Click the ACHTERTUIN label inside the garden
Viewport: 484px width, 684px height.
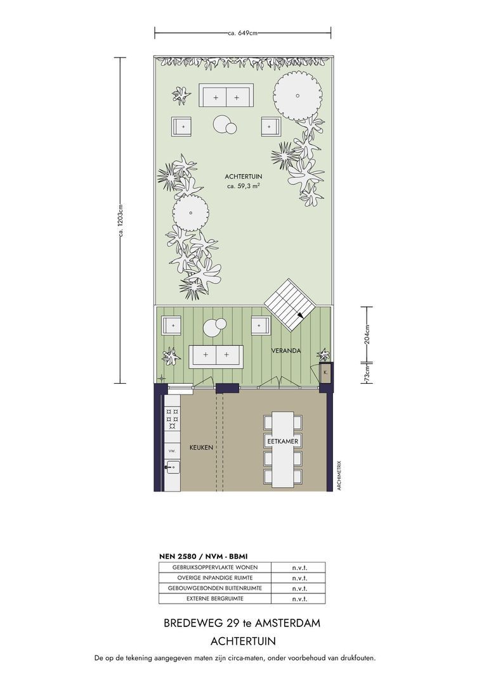(244, 176)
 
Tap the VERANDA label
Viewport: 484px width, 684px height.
(286, 350)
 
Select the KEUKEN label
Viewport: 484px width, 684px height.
(201, 448)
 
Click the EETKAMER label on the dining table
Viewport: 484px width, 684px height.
(283, 441)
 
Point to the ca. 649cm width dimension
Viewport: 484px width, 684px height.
(242, 33)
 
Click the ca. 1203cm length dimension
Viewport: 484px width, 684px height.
(121, 221)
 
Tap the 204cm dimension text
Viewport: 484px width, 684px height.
(367, 334)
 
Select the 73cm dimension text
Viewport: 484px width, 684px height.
(367, 374)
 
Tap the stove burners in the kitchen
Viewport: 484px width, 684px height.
(172, 419)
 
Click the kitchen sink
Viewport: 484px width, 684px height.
(172, 467)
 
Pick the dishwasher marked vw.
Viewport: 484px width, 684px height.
(172, 450)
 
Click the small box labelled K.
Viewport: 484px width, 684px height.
(325, 372)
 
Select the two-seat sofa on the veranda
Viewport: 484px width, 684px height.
(216, 355)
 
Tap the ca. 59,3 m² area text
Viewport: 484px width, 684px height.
(244, 186)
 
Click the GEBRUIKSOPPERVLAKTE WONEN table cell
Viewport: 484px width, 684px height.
(215, 567)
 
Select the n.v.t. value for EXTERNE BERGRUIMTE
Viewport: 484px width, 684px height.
(299, 599)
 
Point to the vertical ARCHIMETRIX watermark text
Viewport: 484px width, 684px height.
(339, 476)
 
